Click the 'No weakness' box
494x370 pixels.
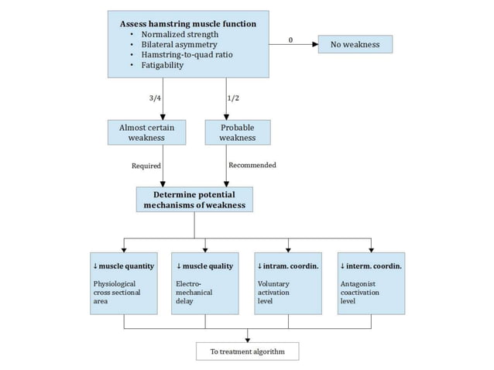coord(355,44)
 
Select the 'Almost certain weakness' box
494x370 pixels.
coord(146,132)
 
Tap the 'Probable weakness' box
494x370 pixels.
coord(237,132)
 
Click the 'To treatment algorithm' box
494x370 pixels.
coord(247,352)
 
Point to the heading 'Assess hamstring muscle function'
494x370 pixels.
coord(187,24)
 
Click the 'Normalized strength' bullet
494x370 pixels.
coord(180,35)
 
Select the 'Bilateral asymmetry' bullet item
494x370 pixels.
coord(180,45)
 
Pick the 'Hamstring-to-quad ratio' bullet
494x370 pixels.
coord(186,55)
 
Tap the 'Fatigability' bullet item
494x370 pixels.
coord(163,65)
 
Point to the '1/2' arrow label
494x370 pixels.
coord(234,98)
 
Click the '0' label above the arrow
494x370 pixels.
coord(290,39)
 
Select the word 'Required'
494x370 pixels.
coord(146,166)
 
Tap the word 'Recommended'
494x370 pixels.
coord(252,166)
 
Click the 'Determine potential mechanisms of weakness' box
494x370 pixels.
coord(194,200)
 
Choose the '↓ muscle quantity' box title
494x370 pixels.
coord(122,266)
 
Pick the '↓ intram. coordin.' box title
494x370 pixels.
coord(288,266)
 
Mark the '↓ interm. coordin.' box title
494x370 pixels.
coord(371,266)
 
